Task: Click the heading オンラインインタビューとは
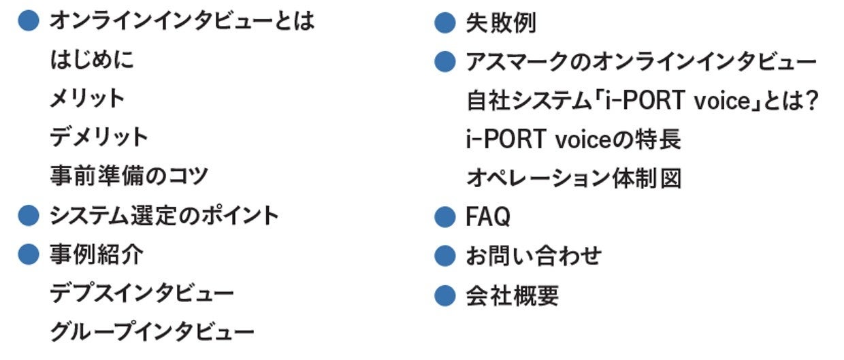pos(182,20)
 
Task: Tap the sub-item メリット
pos(87,99)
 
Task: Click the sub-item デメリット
pos(99,137)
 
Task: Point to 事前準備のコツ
pos(129,176)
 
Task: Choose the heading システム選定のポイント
pos(164,216)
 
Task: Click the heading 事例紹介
pos(96,255)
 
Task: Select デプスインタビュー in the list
pos(142,293)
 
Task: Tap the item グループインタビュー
pos(152,332)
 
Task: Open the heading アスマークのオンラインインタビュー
pos(640,62)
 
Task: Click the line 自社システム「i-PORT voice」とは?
pos(640,101)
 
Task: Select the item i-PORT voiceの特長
pos(573,140)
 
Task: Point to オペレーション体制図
pos(573,179)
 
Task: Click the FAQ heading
pos(488,217)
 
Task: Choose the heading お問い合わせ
pos(534,256)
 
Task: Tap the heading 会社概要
pos(512,295)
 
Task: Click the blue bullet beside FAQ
pos(444,217)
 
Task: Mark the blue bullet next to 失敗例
pos(444,23)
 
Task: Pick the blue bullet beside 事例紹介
pos(28,255)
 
